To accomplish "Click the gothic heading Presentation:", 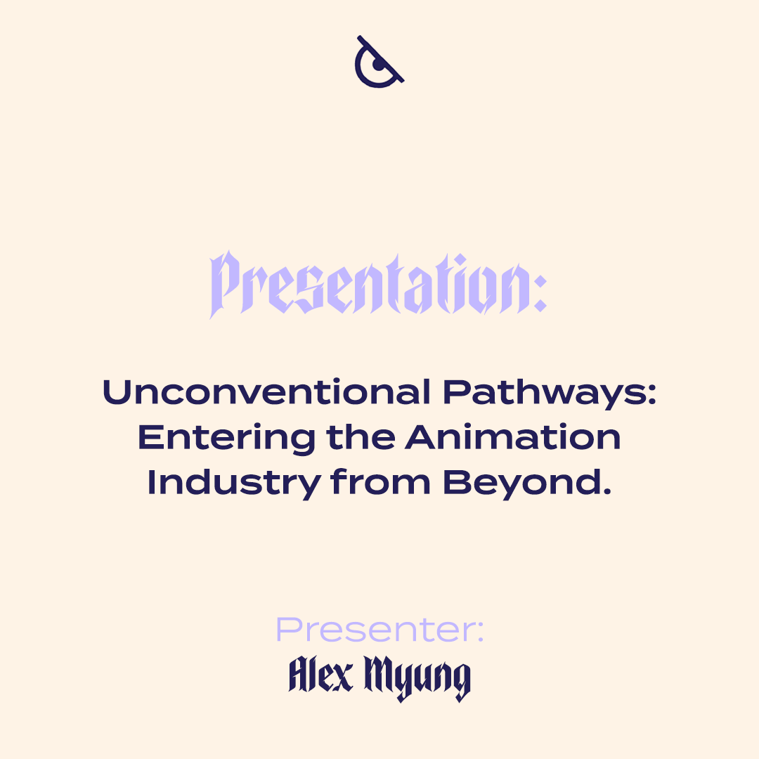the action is tap(379, 284).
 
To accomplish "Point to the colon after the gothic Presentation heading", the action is tap(540, 293).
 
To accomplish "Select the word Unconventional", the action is tap(266, 392).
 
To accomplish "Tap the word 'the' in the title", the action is tap(361, 436).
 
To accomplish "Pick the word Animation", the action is tap(513, 437).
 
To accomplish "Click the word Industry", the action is tap(234, 484).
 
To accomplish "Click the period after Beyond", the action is tap(606, 491).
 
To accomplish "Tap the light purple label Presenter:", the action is tap(379, 630).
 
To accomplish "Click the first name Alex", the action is tap(321, 674).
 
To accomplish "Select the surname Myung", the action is tap(417, 677).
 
